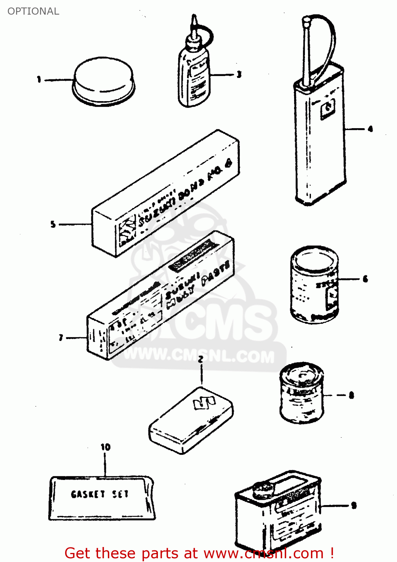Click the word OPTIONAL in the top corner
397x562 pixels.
33,11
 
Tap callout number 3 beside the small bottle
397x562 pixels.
239,75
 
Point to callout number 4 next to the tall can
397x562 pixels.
370,129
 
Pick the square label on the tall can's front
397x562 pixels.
328,109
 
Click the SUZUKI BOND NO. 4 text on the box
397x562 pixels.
185,195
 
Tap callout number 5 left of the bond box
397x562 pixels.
53,224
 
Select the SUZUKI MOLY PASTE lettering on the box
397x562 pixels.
196,285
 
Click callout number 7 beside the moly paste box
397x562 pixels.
61,338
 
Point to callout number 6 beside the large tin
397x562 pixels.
365,279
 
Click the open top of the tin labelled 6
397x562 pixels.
314,259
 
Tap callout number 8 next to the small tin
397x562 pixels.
351,395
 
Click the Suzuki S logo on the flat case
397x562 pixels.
204,403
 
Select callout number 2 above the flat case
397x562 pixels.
201,359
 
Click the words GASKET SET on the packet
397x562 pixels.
100,494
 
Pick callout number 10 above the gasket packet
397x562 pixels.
105,447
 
